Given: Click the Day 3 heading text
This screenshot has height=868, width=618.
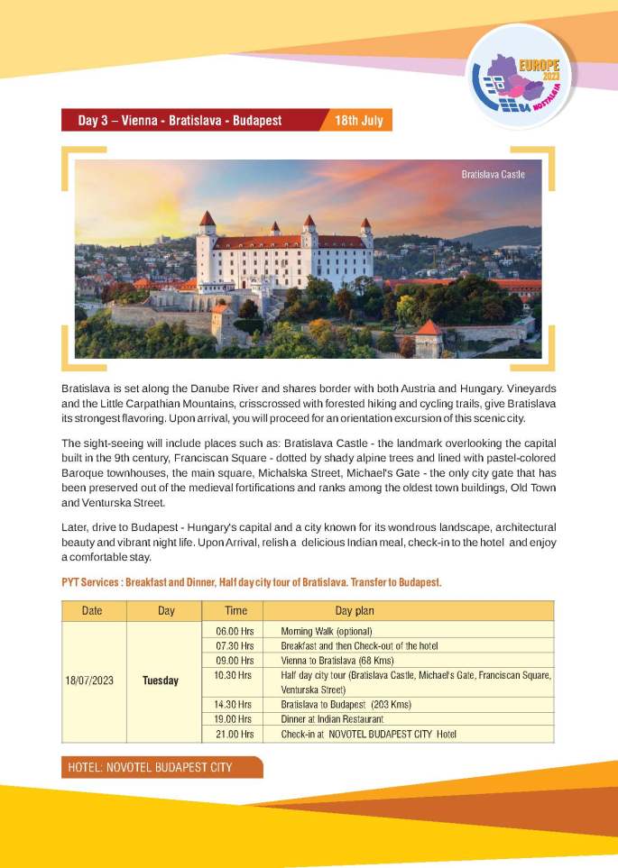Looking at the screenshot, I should tap(180, 120).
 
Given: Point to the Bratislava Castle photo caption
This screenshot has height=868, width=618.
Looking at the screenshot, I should tap(493, 174).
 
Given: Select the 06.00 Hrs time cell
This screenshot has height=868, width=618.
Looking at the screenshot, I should tap(234, 631).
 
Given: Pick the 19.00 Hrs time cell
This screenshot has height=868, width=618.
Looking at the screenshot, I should tap(234, 718).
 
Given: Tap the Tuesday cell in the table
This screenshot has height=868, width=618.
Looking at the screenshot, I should tap(161, 681).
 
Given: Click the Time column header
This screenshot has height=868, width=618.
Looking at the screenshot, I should tap(235, 610).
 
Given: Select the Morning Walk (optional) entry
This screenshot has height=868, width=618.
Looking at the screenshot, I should tap(326, 631).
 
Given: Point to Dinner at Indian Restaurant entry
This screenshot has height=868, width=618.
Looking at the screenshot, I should tap(332, 718).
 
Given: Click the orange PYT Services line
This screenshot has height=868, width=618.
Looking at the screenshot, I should tap(251, 583).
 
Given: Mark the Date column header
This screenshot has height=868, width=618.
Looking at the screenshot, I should tap(92, 610).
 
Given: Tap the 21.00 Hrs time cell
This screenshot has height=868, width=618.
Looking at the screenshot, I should tap(234, 734).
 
